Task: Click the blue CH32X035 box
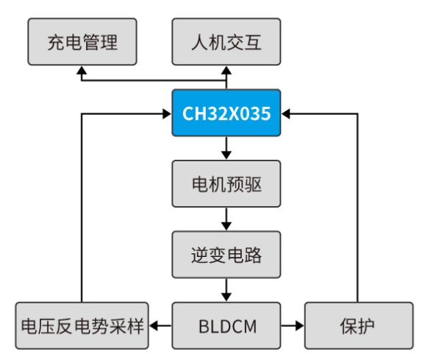click(227, 113)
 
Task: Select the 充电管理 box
click(82, 41)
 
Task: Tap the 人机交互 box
click(227, 41)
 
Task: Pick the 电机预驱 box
click(227, 184)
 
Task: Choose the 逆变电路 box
click(227, 255)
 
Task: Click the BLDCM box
click(227, 325)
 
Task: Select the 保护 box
click(359, 325)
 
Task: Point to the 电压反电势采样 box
click(82, 325)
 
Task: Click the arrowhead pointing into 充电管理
click(82, 70)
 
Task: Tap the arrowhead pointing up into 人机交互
click(227, 70)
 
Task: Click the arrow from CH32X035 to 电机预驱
click(227, 148)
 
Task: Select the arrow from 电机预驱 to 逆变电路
click(227, 219)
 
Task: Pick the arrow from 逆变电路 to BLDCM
click(227, 290)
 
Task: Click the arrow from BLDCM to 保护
click(293, 325)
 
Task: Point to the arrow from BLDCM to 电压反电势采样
click(160, 325)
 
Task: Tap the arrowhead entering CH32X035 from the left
click(167, 113)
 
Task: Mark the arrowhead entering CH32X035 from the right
click(285, 113)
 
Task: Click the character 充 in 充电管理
click(56, 43)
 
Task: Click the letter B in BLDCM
click(204, 326)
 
